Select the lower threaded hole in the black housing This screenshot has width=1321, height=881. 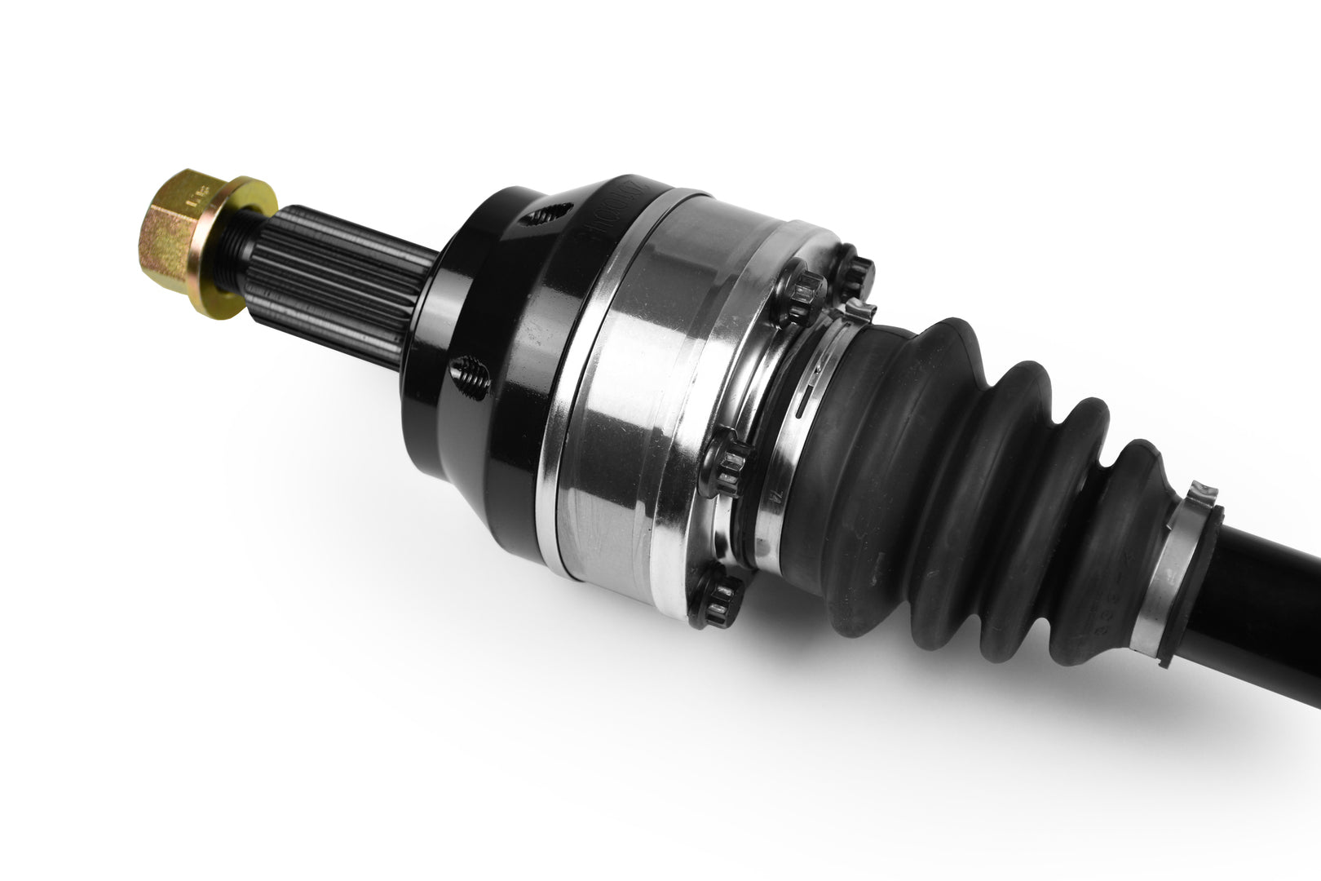pos(471,375)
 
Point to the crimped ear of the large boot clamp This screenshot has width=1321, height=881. pos(856,310)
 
